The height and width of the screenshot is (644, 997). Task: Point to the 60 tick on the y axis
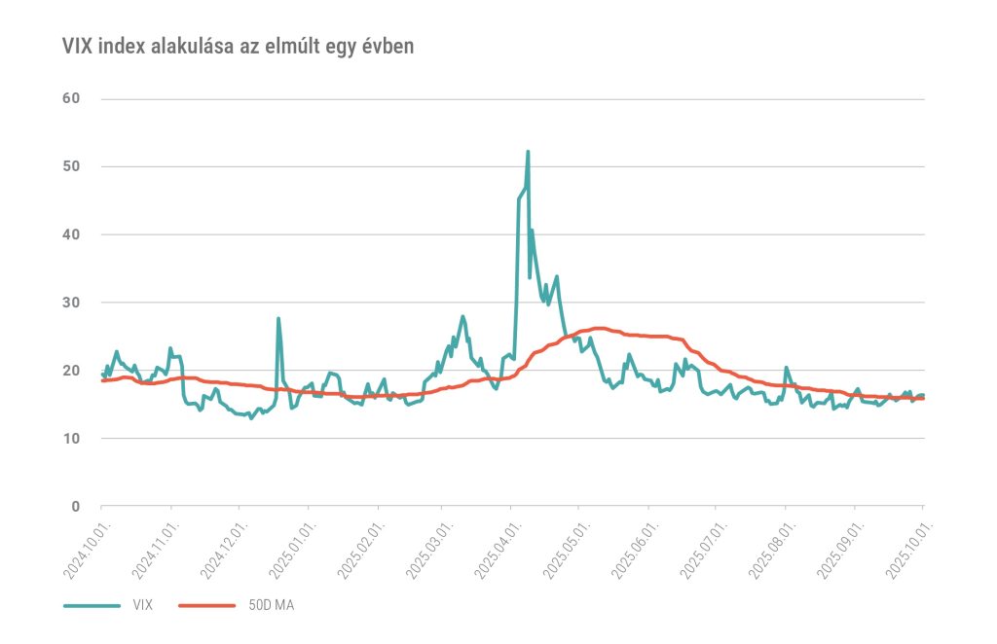70,98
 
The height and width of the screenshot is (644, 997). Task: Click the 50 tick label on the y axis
70,166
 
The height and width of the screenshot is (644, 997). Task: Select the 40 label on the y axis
70,234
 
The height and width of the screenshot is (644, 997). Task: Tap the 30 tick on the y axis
70,303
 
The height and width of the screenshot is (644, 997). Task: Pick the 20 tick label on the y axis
70,371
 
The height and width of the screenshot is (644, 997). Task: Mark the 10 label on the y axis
70,439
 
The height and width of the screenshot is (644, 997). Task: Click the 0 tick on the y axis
74,507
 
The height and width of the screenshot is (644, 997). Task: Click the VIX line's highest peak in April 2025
528,152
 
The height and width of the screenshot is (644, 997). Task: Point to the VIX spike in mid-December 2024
278,319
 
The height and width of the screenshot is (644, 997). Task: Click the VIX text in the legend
142,605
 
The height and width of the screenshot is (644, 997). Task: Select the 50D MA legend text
270,605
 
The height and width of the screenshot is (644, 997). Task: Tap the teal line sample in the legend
92,605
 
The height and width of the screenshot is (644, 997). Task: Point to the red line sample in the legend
208,605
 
